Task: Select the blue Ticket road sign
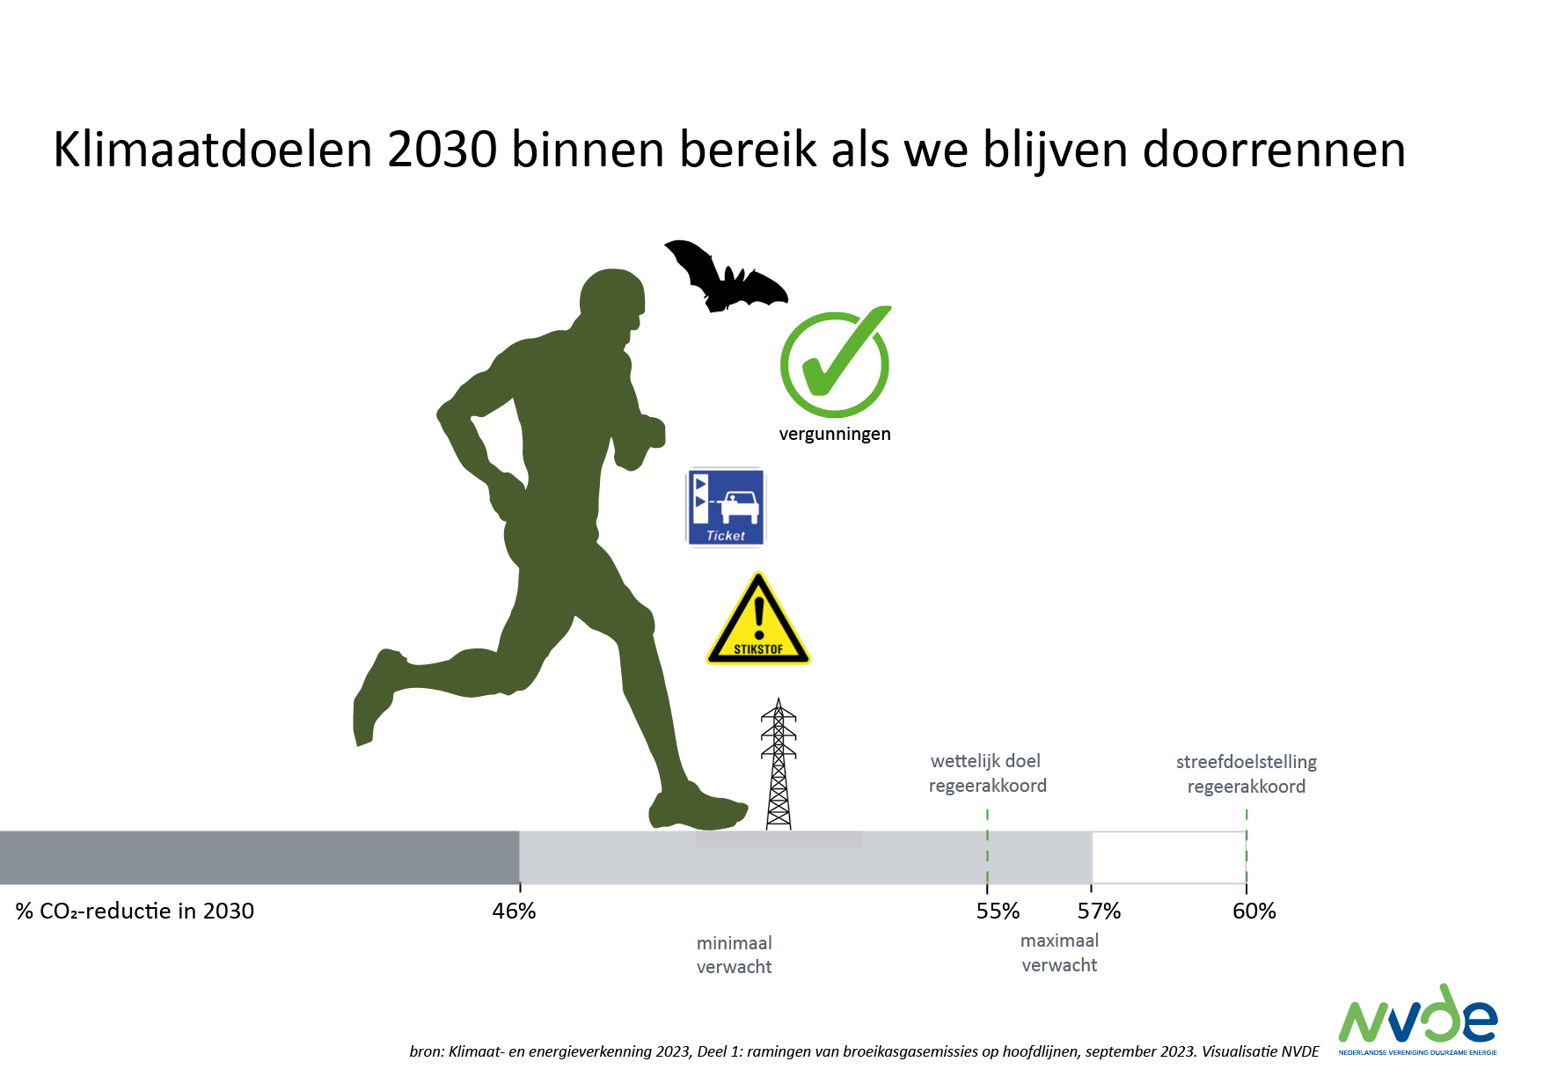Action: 726,507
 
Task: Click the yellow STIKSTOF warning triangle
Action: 758,619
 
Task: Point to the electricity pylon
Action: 779,764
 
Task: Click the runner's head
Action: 612,304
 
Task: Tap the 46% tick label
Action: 514,911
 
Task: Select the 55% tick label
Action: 998,911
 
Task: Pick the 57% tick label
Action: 1099,911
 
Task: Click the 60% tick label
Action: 1254,911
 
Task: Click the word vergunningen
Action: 835,434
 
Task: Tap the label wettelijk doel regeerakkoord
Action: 987,773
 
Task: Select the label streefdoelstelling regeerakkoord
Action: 1247,774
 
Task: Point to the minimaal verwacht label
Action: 735,955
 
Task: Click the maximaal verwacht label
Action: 1059,953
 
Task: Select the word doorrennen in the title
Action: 1274,150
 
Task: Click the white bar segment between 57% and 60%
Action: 1169,858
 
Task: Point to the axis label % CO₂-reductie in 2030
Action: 135,911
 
